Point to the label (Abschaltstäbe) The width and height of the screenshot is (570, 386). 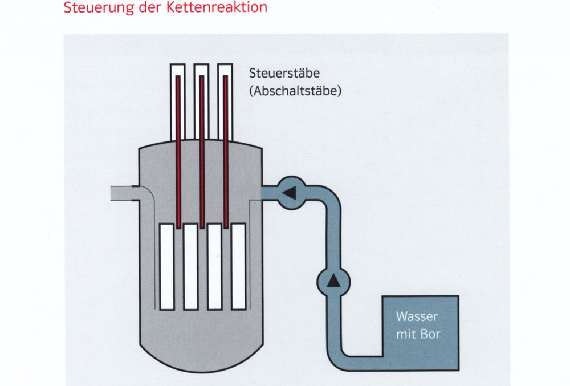pyautogui.click(x=295, y=91)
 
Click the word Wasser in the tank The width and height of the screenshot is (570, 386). pyautogui.click(x=418, y=317)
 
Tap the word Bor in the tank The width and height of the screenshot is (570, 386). pyautogui.click(x=431, y=334)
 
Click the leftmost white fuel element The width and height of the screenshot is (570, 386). pyautogui.click(x=167, y=266)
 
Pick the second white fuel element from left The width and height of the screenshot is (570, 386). pyautogui.click(x=190, y=266)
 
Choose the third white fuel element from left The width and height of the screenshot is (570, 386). pyautogui.click(x=214, y=266)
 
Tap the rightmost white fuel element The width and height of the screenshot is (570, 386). pyautogui.click(x=238, y=266)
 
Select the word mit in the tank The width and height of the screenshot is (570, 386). pyautogui.click(x=406, y=334)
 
